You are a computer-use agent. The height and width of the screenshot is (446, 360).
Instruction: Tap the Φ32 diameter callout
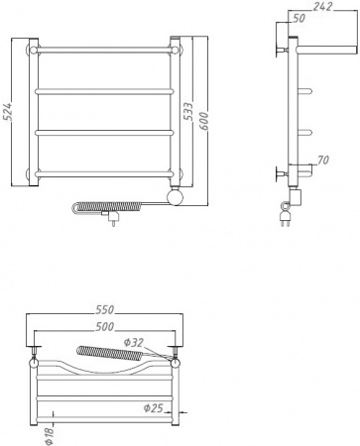[x=133, y=343]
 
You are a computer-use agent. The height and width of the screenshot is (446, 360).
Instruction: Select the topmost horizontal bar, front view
[x=105, y=48]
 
